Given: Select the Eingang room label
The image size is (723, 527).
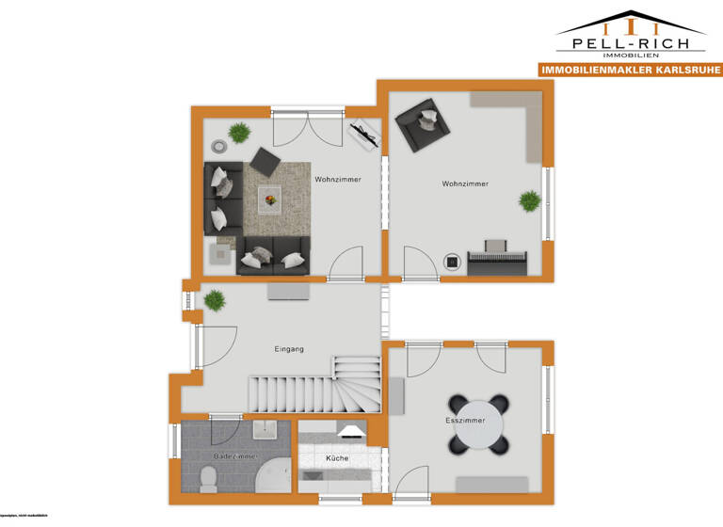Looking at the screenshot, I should tap(289, 349).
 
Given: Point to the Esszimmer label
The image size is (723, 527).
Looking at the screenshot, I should tap(465, 420).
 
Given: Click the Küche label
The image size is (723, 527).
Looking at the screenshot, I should tap(337, 458).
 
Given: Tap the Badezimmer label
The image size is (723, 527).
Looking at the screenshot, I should tap(235, 455).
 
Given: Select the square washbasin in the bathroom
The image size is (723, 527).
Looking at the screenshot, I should tap(264, 431).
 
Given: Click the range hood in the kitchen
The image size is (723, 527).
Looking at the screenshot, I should tap(351, 432).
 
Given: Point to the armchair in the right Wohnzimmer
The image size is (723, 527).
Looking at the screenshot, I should tap(420, 122).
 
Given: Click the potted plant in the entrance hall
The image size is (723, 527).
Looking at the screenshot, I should tap(216, 300).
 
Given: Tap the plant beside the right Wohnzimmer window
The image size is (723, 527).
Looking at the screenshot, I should tap(530, 200).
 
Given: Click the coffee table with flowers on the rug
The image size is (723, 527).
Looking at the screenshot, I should tap(270, 198).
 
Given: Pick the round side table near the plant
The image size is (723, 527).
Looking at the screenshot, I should tap(218, 146).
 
